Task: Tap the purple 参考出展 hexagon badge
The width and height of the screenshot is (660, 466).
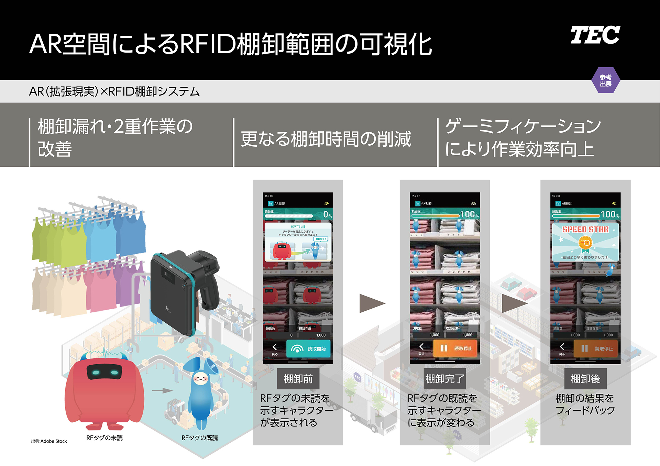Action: pyautogui.click(x=606, y=80)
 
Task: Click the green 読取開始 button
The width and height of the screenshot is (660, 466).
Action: pyautogui.click(x=308, y=349)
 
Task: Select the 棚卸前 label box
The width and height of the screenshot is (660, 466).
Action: pyautogui.click(x=298, y=379)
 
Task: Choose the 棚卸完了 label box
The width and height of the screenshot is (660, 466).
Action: pyautogui.click(x=445, y=379)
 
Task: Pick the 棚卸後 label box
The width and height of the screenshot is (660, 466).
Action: pyautogui.click(x=585, y=379)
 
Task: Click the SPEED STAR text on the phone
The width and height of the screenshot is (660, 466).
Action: pyautogui.click(x=585, y=230)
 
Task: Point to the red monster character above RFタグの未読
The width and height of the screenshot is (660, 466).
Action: pyautogui.click(x=104, y=392)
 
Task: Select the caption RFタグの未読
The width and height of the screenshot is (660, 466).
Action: pyautogui.click(x=104, y=438)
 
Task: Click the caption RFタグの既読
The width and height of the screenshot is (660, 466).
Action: pyautogui.click(x=200, y=438)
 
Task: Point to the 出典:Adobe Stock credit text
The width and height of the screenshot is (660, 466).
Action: pyautogui.click(x=49, y=441)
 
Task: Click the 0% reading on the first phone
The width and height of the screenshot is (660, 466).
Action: pyautogui.click(x=327, y=215)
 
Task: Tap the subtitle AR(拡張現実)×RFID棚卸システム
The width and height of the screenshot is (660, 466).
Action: pyautogui.click(x=114, y=91)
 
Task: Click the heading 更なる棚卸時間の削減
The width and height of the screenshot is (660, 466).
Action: pyautogui.click(x=326, y=139)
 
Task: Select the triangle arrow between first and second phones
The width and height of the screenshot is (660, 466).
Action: pyautogui.click(x=371, y=303)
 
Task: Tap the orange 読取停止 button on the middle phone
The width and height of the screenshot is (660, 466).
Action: pyautogui.click(x=455, y=348)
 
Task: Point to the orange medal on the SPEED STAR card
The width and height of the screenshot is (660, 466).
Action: pyautogui.click(x=585, y=243)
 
